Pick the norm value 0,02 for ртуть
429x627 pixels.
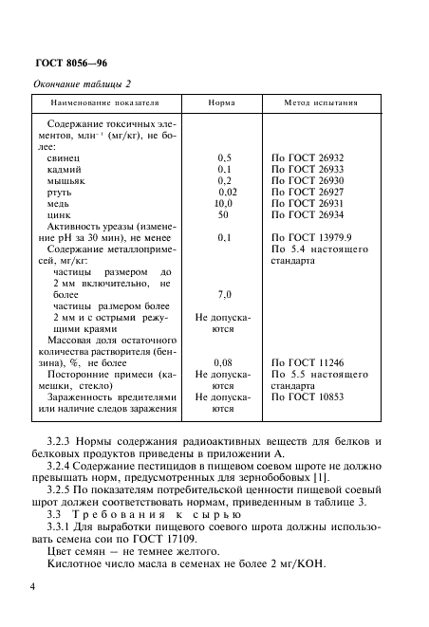click(x=225, y=192)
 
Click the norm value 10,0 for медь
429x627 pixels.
click(x=224, y=203)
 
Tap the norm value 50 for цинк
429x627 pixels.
click(x=224, y=215)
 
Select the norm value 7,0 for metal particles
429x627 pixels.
click(x=224, y=295)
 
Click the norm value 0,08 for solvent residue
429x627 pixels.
click(x=224, y=362)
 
